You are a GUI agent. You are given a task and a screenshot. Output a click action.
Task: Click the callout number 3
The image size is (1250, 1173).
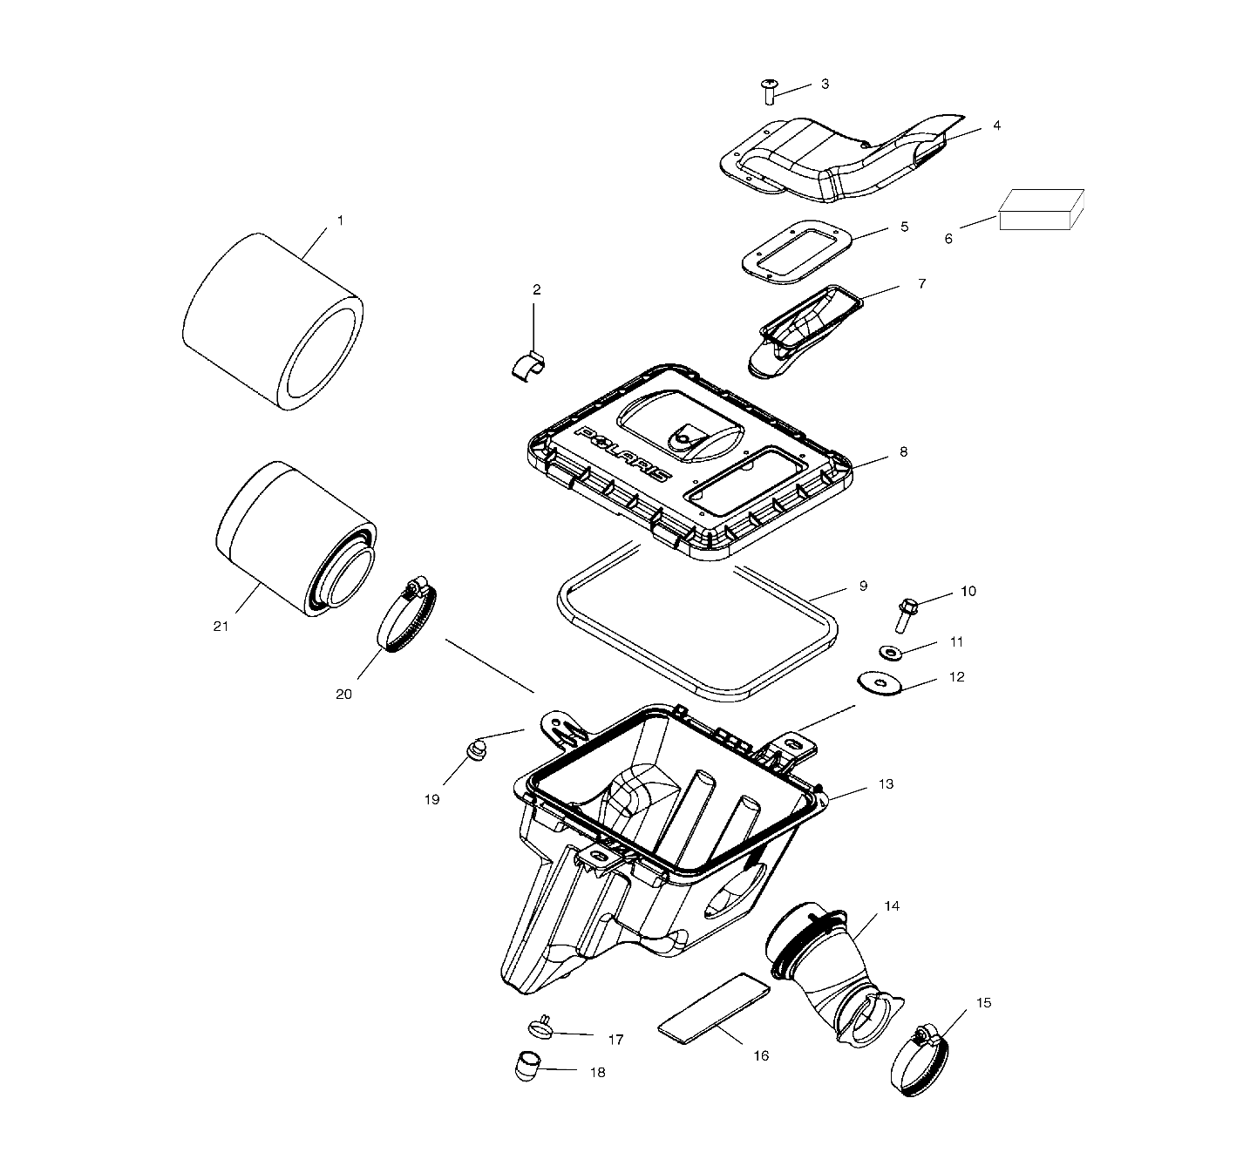click(825, 84)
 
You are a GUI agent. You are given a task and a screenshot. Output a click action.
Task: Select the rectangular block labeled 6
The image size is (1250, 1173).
click(1040, 210)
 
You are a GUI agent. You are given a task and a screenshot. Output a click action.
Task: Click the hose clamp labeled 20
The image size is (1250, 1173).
click(407, 617)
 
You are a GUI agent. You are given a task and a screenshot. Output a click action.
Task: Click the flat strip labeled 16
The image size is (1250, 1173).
click(714, 1007)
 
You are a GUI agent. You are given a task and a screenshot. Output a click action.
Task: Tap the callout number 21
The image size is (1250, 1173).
click(221, 626)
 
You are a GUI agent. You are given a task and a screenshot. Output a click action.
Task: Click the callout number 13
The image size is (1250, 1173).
click(886, 784)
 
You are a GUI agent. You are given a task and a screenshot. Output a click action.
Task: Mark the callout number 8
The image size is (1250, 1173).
click(903, 451)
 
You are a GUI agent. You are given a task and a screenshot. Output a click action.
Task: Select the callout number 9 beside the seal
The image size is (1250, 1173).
click(863, 586)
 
